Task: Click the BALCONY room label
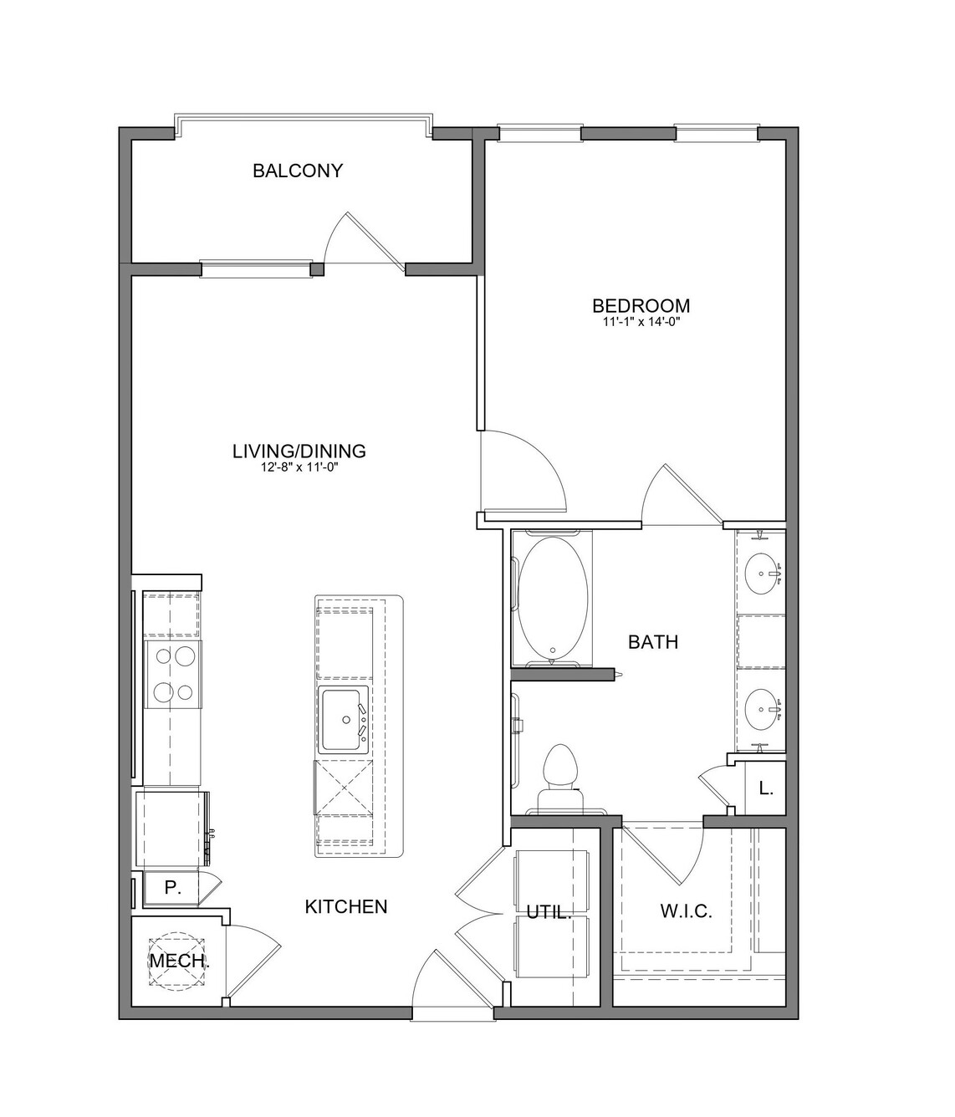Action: pos(297,171)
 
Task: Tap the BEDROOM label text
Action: pos(641,306)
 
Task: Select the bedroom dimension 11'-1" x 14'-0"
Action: pos(641,323)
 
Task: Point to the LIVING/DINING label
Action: pos(299,451)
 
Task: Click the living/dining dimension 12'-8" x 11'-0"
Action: pos(299,467)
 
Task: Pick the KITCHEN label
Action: pos(346,907)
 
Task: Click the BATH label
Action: pos(653,642)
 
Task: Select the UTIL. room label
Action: pos(549,913)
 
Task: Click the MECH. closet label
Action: pos(180,961)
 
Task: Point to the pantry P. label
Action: pos(172,888)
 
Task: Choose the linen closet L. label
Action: pos(766,789)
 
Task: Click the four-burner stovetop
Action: pos(173,675)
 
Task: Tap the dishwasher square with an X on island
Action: pos(344,788)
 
